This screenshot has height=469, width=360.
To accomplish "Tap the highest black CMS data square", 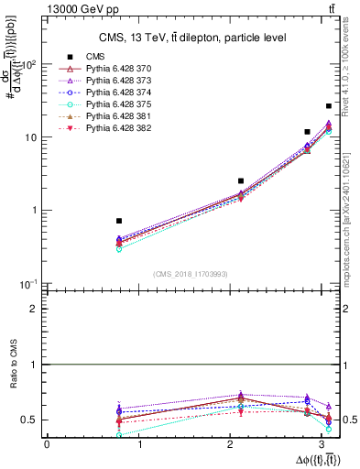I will tap(329, 106).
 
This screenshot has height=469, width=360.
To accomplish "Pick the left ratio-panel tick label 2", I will tap(34, 309).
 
